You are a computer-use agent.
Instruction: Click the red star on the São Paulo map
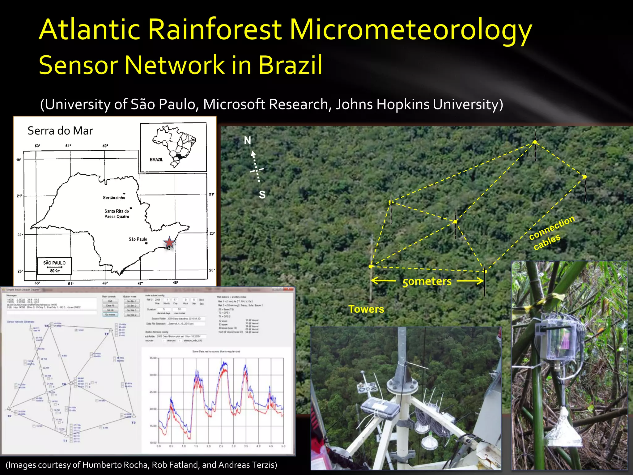pos(169,243)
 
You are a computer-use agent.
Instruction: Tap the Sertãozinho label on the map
pos(114,198)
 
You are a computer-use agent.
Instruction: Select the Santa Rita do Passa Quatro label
pos(117,214)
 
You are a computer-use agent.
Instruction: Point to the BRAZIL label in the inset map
pos(156,160)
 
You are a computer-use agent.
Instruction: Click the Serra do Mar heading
pos(60,131)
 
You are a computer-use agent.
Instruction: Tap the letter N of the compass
pos(247,141)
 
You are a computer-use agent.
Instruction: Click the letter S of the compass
pos(262,195)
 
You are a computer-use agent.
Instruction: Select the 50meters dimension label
pos(427,281)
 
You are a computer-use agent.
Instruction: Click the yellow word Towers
pos(366,309)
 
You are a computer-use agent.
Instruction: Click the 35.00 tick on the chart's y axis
pos(153,358)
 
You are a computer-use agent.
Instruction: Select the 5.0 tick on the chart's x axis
pos(283,446)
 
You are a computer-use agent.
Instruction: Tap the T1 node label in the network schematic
pos(65,441)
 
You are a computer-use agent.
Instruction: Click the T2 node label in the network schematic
pos(9,416)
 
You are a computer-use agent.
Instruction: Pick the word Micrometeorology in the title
pos(410,30)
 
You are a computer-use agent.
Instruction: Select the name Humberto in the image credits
pos(101,465)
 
